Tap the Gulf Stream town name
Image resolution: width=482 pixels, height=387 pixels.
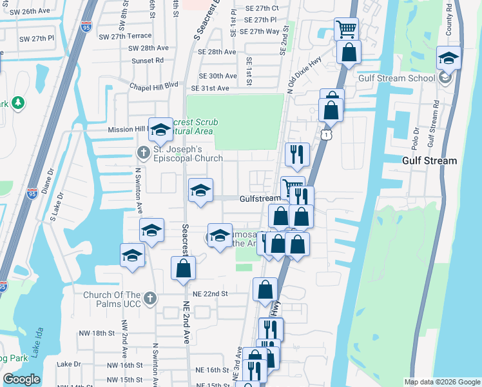pyautogui.click(x=429, y=161)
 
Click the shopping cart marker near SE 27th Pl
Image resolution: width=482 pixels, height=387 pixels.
pyautogui.click(x=346, y=28)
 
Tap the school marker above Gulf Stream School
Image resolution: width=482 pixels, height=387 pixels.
pyautogui.click(x=448, y=58)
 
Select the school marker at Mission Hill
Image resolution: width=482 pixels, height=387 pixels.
pyautogui.click(x=160, y=130)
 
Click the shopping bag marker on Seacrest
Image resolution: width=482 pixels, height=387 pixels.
pyautogui.click(x=183, y=268)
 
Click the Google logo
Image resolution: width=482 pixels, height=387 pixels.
pyautogui.click(x=22, y=379)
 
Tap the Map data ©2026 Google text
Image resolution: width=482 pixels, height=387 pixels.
pyautogui.click(x=441, y=382)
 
